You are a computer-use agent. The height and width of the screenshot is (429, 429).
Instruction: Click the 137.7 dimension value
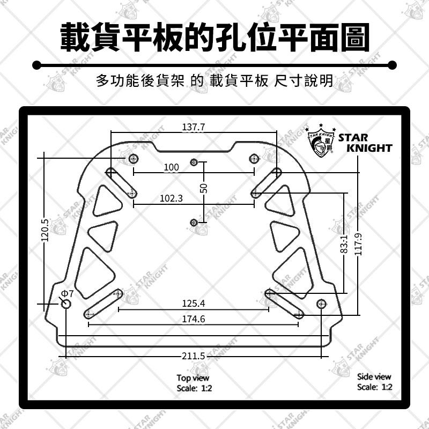(194, 127)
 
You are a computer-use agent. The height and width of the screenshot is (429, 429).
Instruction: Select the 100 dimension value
(172, 167)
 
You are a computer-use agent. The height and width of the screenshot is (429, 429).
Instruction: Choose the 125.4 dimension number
(194, 304)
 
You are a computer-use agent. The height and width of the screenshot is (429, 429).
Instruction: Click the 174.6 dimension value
(194, 319)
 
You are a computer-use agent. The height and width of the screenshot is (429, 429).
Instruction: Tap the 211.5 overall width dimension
(194, 356)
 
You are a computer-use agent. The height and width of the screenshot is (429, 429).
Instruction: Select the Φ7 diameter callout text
(68, 294)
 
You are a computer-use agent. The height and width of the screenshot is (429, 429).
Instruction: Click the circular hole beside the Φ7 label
(66, 304)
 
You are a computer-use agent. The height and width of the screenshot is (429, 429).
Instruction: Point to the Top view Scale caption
(194, 383)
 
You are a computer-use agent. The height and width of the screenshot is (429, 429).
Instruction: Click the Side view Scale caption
(374, 382)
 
